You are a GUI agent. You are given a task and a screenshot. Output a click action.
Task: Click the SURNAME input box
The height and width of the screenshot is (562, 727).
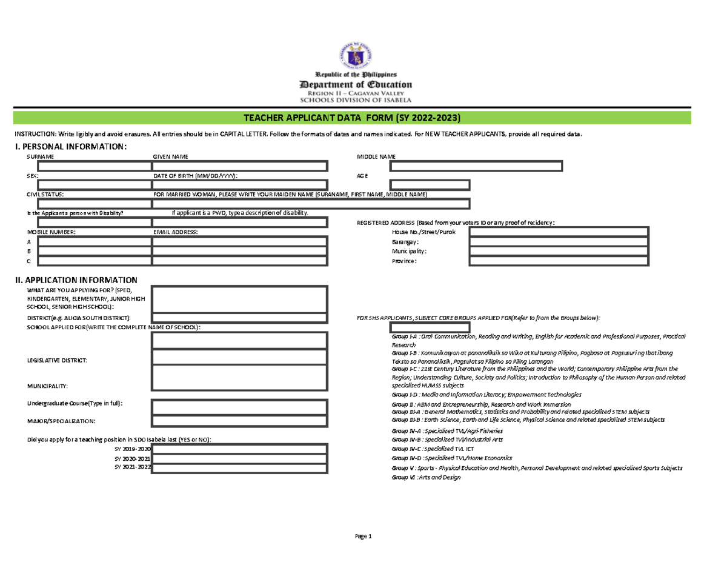click(94, 166)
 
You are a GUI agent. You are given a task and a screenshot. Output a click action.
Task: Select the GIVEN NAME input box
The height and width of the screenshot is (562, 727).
click(239, 166)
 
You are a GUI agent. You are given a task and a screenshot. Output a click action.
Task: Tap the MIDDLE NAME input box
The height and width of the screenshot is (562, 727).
click(476, 166)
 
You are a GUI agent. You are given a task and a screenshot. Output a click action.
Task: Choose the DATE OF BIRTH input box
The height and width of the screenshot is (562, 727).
click(239, 185)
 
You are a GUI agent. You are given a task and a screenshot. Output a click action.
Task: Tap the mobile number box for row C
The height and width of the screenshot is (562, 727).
click(94, 261)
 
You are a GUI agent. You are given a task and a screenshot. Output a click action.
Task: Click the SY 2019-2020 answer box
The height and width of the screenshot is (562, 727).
click(239, 449)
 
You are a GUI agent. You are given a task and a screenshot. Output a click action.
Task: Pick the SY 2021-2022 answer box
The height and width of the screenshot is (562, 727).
click(239, 468)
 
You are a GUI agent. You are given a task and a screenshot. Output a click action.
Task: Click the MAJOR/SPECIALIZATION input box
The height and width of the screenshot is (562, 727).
click(239, 421)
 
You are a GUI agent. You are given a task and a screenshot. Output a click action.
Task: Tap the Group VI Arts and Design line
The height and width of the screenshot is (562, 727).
click(427, 478)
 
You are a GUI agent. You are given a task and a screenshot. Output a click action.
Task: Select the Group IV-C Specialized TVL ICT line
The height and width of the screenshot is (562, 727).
click(430, 449)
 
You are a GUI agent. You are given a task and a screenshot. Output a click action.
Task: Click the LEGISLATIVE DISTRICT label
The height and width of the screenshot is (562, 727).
click(56, 361)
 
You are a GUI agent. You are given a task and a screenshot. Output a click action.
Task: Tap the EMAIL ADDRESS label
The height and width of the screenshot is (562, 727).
click(175, 232)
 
